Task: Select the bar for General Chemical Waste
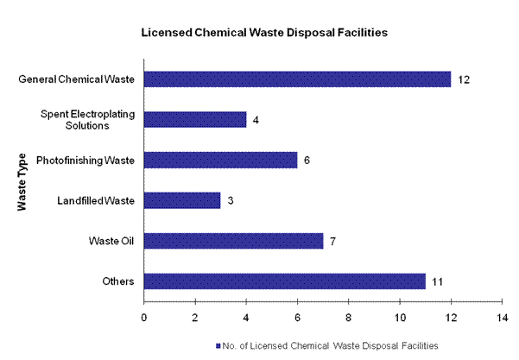(297, 79)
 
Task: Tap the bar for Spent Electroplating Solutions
(195, 120)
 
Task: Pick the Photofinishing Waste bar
(220, 160)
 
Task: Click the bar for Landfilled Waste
(182, 200)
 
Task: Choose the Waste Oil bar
(233, 240)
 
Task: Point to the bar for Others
(284, 281)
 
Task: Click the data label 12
(464, 79)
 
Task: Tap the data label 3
(230, 200)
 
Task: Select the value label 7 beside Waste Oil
(332, 240)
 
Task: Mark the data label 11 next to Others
(438, 281)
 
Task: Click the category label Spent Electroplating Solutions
(87, 120)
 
